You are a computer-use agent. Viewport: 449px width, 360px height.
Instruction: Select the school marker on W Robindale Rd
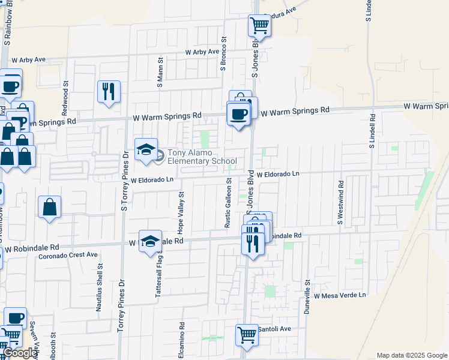click(150, 242)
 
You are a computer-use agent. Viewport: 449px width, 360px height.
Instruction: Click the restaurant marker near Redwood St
click(109, 92)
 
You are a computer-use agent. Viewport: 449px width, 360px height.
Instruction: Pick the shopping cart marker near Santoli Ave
click(246, 335)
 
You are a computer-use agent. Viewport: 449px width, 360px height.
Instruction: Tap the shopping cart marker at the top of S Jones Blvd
click(259, 25)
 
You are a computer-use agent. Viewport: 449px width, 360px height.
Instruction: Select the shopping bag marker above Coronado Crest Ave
click(50, 207)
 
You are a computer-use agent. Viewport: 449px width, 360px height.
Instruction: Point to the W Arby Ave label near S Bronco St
click(202, 52)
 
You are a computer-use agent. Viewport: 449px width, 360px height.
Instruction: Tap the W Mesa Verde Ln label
click(339, 295)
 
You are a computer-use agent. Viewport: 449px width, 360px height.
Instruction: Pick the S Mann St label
click(160, 73)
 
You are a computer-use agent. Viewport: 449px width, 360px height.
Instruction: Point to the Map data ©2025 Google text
click(412, 355)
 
